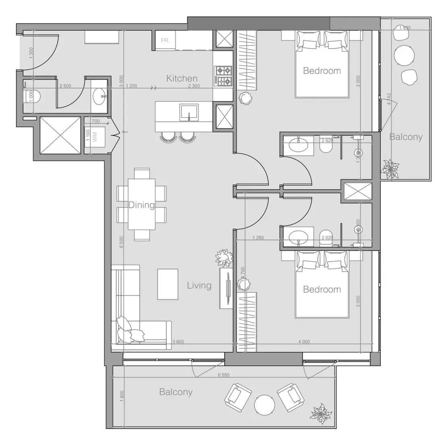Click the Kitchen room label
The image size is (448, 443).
click(x=182, y=79)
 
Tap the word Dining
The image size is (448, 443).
click(x=141, y=205)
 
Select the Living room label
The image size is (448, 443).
click(x=199, y=286)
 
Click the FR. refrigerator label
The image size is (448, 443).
click(x=165, y=41)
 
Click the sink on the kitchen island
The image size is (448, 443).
click(x=189, y=112)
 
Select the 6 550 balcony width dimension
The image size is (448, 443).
click(x=223, y=375)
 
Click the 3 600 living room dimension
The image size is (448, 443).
click(x=178, y=342)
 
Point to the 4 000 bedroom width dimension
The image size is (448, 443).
click(x=304, y=342)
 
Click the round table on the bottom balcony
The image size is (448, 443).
click(x=264, y=404)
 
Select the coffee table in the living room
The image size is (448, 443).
click(x=167, y=284)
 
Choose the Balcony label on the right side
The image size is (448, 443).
click(x=406, y=137)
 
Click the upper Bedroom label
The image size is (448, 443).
click(x=322, y=71)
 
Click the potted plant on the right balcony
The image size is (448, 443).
click(x=390, y=169)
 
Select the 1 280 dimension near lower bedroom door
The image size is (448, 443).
click(x=258, y=238)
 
